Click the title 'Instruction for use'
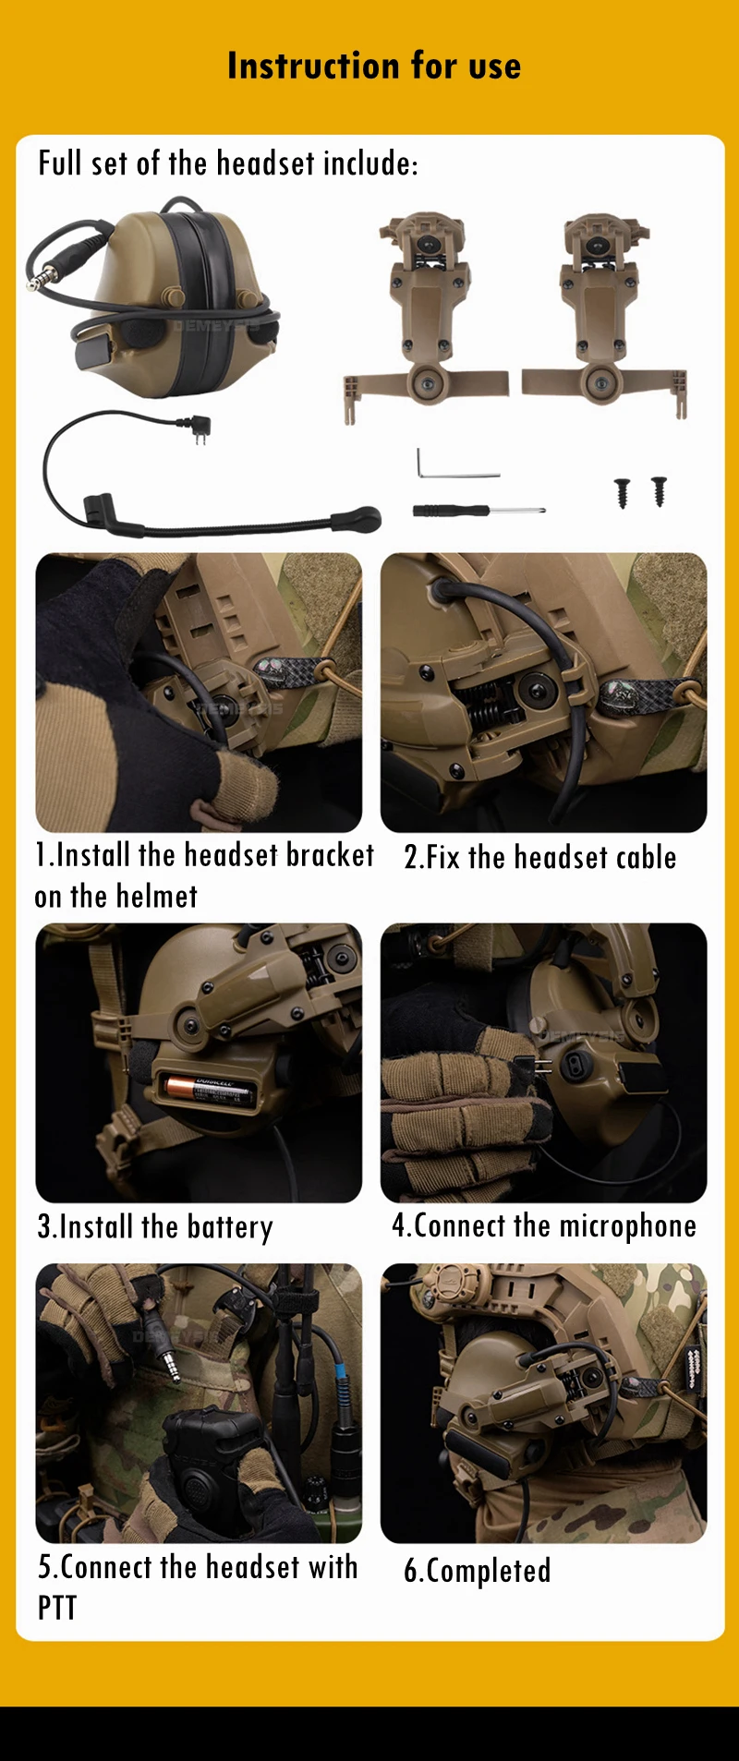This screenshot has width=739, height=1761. click(x=374, y=66)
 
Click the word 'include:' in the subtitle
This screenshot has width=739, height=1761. click(x=369, y=163)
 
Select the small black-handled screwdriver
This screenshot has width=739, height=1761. click(x=479, y=510)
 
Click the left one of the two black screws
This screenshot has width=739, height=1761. click(x=622, y=492)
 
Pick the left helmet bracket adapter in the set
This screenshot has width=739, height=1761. click(x=426, y=314)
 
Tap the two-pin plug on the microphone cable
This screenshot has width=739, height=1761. click(x=198, y=428)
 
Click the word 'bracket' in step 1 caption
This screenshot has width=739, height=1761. click(x=330, y=855)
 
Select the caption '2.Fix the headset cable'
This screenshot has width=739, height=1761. click(x=540, y=857)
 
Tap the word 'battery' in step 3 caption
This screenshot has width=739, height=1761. click(x=230, y=1227)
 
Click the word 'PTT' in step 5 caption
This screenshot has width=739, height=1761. click(x=57, y=1608)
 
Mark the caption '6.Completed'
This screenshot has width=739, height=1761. click(x=478, y=1571)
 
